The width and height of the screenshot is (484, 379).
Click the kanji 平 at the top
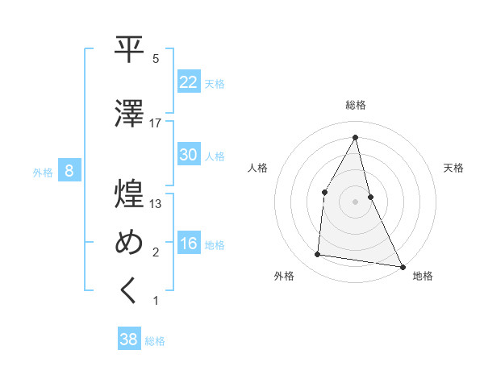[x=130, y=50]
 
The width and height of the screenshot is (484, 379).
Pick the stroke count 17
[x=156, y=123]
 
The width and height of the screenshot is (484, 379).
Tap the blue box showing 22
[x=188, y=82]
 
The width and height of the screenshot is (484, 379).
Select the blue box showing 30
[x=188, y=155]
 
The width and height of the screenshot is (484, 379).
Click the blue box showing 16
[x=188, y=244]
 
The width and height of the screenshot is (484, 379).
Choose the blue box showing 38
[x=128, y=339]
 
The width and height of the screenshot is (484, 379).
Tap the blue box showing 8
[x=70, y=171]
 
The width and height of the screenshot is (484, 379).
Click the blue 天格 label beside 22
[x=215, y=83]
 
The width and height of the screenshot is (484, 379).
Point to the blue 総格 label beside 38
[x=155, y=340]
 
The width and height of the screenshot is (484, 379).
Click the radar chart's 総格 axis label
[x=355, y=105]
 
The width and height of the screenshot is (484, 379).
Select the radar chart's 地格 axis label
[x=423, y=276]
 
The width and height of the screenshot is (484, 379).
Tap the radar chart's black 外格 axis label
[x=284, y=276]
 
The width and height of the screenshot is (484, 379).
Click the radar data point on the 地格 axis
[x=402, y=266]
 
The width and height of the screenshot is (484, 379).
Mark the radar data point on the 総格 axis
[x=355, y=137]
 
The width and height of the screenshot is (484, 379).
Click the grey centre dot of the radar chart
[x=355, y=202]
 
